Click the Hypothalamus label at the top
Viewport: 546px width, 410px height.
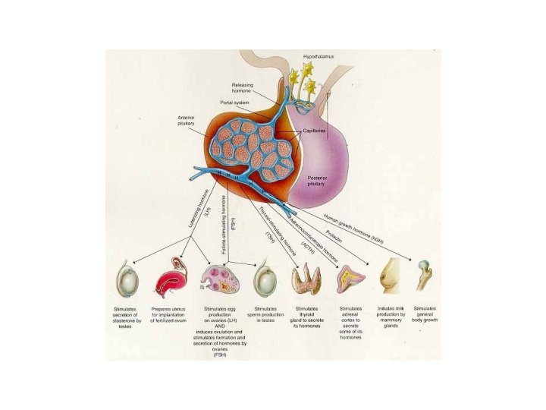point(318,57)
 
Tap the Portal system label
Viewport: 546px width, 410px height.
point(235,103)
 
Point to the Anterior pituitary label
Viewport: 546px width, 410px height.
point(187,121)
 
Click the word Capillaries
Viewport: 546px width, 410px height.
point(313,131)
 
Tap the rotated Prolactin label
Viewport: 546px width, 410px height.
point(337,226)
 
